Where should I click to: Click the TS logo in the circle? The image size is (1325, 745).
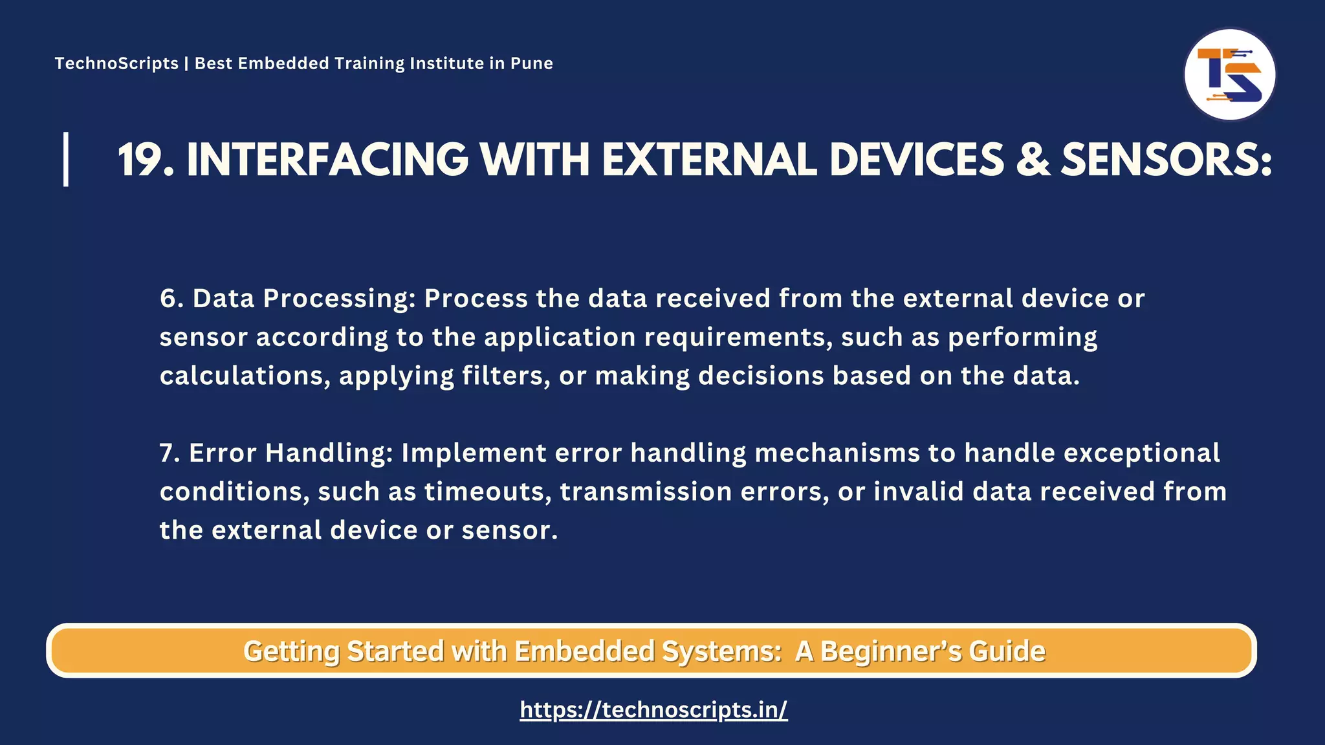pyautogui.click(x=1229, y=75)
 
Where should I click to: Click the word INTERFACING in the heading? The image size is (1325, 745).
pyautogui.click(x=327, y=160)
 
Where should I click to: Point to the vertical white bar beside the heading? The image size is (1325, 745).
pyautogui.click(x=66, y=159)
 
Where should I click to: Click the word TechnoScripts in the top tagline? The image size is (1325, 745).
pyautogui.click(x=116, y=63)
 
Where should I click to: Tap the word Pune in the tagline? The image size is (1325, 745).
pyautogui.click(x=532, y=63)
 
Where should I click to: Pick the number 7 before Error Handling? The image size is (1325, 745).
pyautogui.click(x=168, y=453)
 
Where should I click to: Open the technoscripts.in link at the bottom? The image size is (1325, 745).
pyautogui.click(x=653, y=710)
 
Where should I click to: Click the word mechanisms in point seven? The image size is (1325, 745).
pyautogui.click(x=837, y=453)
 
